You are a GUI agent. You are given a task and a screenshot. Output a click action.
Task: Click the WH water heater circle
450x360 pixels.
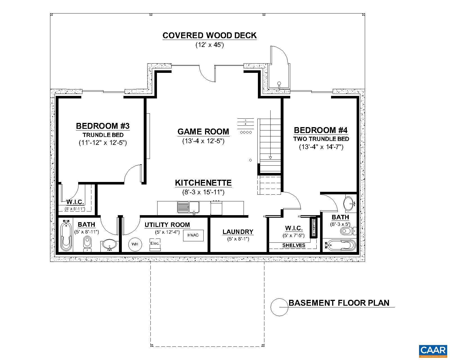[135, 244]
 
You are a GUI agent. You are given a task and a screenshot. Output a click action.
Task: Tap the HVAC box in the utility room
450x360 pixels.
[193, 235]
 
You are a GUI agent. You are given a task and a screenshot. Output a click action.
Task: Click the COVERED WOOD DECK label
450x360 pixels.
[210, 35]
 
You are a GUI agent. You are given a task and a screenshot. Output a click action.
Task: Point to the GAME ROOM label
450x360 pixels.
[203, 132]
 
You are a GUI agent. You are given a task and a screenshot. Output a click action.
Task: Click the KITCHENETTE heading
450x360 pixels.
[203, 183]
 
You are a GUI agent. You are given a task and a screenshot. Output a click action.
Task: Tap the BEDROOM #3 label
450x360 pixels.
[103, 126]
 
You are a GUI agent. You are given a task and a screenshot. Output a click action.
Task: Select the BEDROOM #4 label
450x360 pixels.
[321, 130]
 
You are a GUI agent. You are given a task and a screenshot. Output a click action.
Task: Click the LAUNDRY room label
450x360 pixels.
[238, 232]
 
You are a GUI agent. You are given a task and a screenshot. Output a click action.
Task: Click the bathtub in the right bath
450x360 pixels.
[340, 245]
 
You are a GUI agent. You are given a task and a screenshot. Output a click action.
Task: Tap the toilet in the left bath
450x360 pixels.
[87, 244]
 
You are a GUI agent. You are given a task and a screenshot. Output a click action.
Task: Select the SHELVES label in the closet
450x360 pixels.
[294, 245]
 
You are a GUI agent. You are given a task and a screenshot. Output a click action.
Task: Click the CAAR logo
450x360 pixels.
[433, 350]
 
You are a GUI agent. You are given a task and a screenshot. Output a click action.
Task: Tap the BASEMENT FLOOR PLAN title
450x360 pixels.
[339, 303]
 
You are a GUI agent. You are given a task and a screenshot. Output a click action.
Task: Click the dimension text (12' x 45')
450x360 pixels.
[210, 45]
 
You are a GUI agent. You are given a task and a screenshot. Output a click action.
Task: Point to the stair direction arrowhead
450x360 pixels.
[270, 158]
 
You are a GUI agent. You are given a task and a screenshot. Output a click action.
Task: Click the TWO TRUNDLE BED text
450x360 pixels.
[321, 139]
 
